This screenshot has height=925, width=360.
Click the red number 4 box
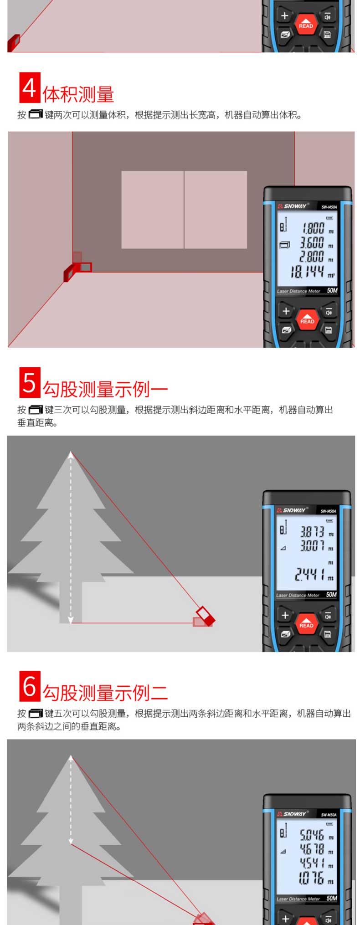coord(30,87)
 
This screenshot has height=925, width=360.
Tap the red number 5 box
coord(30,382)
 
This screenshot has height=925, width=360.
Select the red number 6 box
coord(30,686)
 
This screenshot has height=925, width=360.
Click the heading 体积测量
coord(78,94)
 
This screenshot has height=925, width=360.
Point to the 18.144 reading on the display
coord(308,272)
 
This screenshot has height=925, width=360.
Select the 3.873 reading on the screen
coord(312,532)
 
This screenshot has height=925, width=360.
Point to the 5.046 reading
coord(312,835)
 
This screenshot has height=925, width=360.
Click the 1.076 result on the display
coord(311,878)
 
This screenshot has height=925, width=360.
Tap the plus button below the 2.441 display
coord(285,615)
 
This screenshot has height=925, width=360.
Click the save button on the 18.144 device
coord(329,330)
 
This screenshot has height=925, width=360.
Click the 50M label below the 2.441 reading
coord(331,595)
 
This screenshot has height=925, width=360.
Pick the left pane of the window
coord(152,210)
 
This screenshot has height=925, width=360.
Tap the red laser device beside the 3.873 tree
coord(205,617)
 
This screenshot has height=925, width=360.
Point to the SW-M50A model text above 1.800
coord(329,207)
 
